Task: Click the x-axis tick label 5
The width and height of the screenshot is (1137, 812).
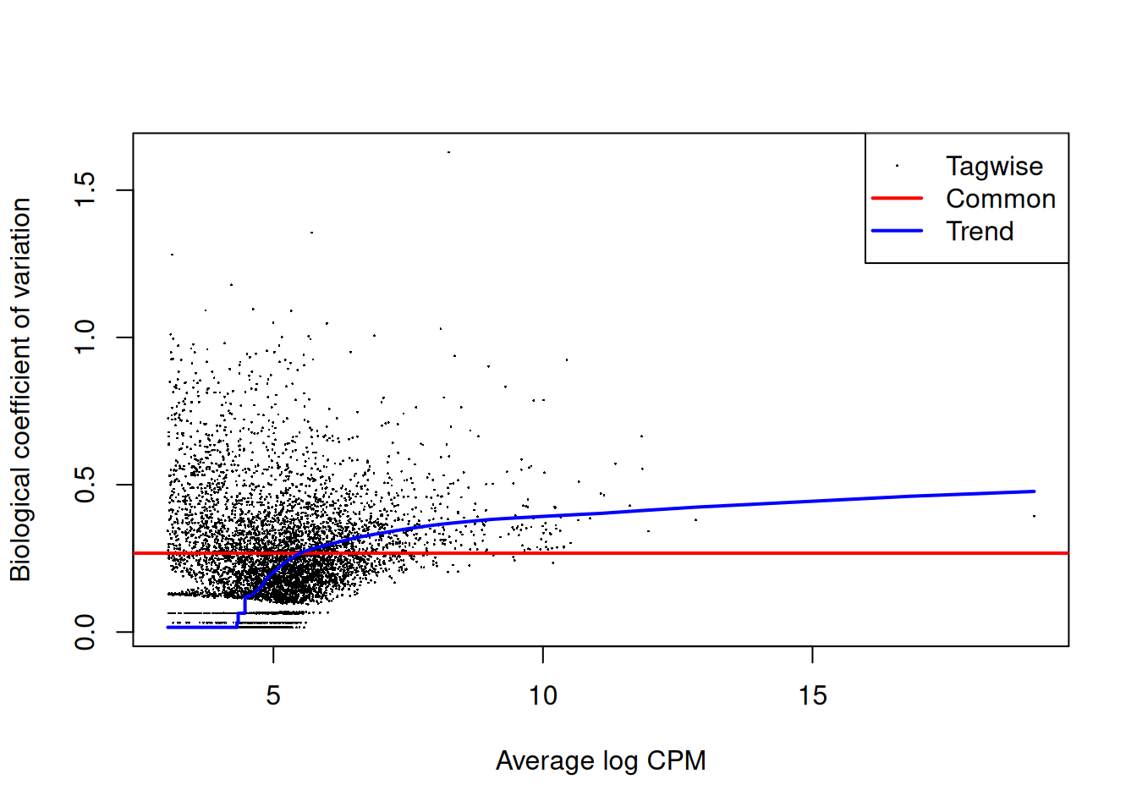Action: [x=273, y=695]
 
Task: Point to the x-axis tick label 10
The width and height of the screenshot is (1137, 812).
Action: [x=542, y=695]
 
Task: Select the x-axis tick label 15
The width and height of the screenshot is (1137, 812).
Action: [x=812, y=695]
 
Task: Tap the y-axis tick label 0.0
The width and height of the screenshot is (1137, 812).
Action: [x=85, y=631]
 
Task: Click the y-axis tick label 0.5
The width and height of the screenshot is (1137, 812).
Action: [x=85, y=485]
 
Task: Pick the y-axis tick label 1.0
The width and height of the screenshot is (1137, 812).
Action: [x=85, y=337]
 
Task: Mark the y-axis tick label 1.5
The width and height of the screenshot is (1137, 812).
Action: [x=85, y=190]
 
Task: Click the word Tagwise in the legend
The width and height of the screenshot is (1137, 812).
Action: [x=994, y=167]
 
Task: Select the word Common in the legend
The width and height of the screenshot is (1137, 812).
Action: [x=1001, y=199]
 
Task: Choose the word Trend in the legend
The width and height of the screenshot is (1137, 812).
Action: [x=980, y=231]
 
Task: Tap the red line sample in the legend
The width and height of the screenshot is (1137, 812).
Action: [x=897, y=199]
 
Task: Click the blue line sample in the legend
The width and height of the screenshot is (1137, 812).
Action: [x=897, y=231]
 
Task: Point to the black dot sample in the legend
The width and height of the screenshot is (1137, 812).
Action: [x=897, y=167]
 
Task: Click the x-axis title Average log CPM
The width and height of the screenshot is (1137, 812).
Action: [x=601, y=760]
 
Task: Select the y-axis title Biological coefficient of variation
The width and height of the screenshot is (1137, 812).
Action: [x=20, y=389]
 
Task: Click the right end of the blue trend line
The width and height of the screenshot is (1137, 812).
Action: [x=1034, y=491]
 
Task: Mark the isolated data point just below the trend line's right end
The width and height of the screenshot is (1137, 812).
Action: [x=1034, y=516]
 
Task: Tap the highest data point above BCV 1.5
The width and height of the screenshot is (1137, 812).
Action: [x=448, y=152]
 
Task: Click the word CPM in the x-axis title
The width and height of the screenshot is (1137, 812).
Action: [x=676, y=760]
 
